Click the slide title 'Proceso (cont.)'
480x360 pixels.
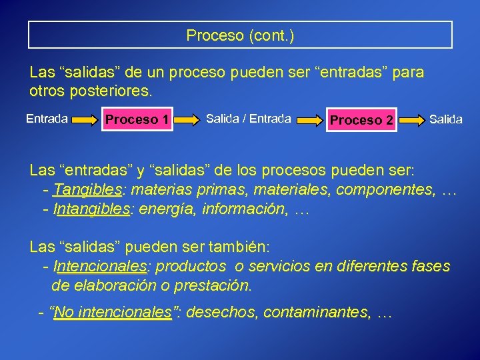click(240, 35)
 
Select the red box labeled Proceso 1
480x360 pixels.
click(137, 120)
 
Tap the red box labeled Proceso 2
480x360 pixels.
click(361, 120)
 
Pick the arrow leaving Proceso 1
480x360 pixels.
click(189, 121)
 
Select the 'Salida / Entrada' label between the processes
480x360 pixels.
click(248, 119)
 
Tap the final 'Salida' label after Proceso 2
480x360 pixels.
click(445, 119)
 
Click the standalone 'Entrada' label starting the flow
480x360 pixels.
click(47, 119)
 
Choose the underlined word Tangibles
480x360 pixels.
click(88, 190)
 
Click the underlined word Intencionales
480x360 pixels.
click(99, 267)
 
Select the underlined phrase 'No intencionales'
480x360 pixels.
click(113, 312)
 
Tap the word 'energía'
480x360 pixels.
click(161, 209)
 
